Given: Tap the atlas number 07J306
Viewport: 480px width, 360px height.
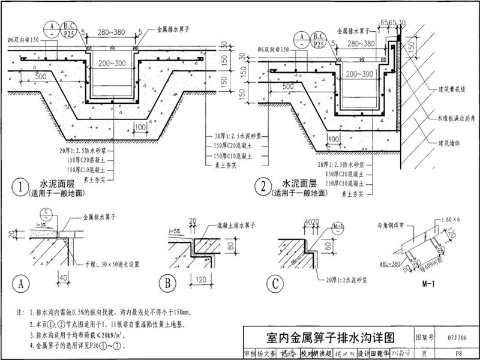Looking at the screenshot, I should click(x=457, y=338).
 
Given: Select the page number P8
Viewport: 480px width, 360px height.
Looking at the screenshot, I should click(x=458, y=354).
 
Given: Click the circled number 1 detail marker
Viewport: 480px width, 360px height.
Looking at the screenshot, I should click(x=22, y=188).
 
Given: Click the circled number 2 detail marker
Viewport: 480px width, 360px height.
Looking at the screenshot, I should click(x=263, y=188).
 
